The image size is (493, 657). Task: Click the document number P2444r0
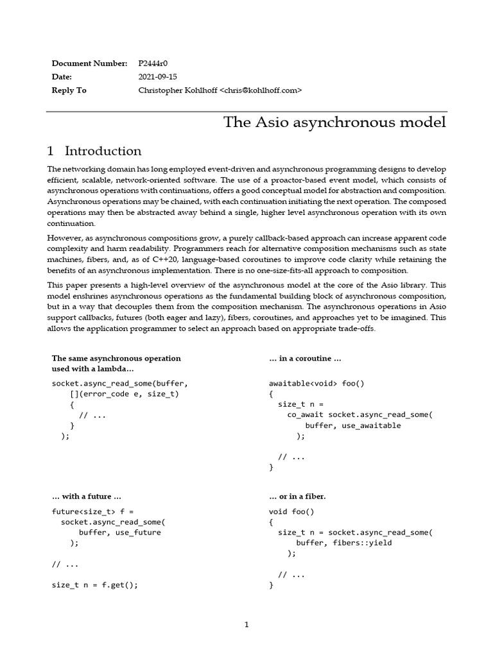point(153,64)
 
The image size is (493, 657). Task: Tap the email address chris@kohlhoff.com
point(261,90)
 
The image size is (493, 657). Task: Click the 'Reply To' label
point(69,90)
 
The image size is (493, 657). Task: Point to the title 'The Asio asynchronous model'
point(334,122)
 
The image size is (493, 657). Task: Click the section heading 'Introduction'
point(103,151)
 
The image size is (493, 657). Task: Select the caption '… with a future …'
point(87,496)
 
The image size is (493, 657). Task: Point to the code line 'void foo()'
point(291,512)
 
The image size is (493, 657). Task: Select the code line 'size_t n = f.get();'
point(94,585)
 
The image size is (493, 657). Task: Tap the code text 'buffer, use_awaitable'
point(352,425)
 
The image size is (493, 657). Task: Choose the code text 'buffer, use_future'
point(119,533)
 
